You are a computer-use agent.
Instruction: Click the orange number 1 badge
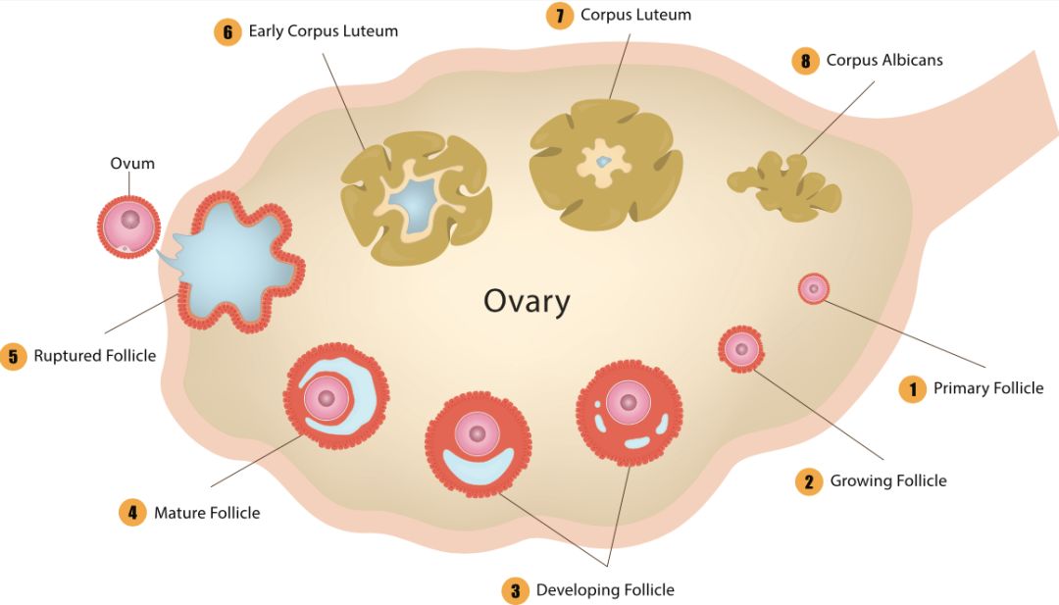(x=913, y=389)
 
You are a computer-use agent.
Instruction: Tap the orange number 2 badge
(x=809, y=481)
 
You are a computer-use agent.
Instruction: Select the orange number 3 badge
(x=516, y=591)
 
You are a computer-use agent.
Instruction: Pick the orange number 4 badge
(x=132, y=513)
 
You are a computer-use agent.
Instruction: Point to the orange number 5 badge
(x=13, y=356)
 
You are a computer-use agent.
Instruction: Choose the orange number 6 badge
(x=227, y=31)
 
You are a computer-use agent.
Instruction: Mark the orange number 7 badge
(x=560, y=16)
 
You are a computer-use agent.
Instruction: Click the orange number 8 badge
(x=805, y=61)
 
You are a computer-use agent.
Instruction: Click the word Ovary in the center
(x=527, y=301)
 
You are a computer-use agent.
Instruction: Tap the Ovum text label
(x=132, y=164)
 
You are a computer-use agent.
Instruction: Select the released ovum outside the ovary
(x=129, y=227)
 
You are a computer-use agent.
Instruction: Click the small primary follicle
(x=814, y=289)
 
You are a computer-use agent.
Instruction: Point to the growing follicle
(x=741, y=349)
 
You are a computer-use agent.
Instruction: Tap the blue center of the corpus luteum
(x=603, y=162)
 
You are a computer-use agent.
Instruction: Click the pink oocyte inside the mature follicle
(x=327, y=398)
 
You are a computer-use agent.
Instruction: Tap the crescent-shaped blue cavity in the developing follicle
(x=479, y=466)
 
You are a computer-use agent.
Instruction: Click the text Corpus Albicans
(x=884, y=60)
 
